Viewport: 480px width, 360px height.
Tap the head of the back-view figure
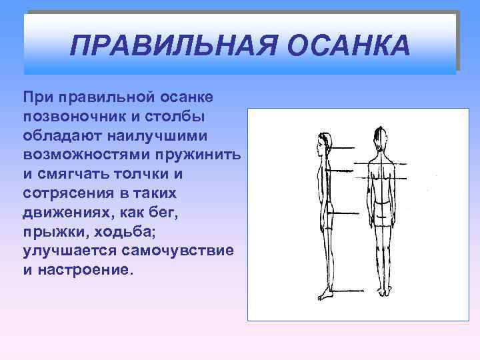379,139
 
